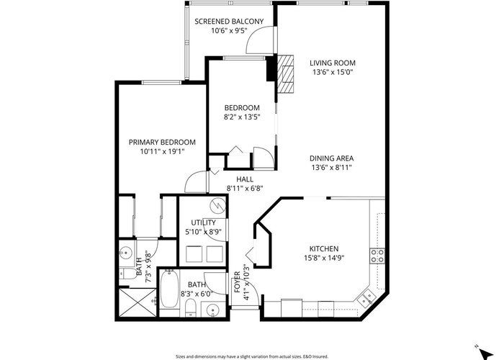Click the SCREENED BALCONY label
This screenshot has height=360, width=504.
(229, 22)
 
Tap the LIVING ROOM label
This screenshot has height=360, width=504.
(333, 63)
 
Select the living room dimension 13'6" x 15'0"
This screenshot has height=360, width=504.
(333, 72)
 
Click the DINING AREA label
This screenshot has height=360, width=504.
(331, 158)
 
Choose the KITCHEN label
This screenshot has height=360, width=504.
(324, 249)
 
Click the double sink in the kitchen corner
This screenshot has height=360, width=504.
(366, 297)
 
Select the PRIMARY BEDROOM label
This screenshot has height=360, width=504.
(162, 143)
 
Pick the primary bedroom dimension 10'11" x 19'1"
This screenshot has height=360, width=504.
(162, 151)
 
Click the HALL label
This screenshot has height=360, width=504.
(245, 179)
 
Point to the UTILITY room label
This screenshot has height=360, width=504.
(203, 222)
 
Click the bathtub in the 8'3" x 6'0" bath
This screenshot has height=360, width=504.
(169, 289)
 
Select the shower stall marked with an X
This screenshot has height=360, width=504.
(138, 302)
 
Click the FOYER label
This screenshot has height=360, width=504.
(237, 282)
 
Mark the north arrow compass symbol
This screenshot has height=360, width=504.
(485, 353)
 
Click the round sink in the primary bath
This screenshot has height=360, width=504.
(127, 253)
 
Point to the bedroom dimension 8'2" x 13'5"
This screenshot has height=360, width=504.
(242, 117)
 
